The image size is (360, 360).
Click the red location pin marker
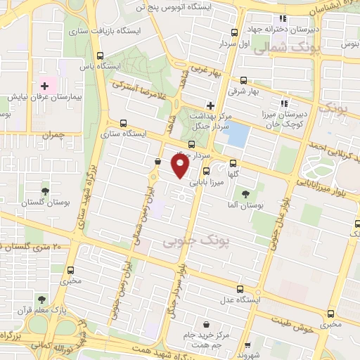[x=179, y=166]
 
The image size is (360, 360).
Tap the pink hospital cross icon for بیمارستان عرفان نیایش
[x=44, y=84]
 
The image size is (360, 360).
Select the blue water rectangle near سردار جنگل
[x=238, y=133]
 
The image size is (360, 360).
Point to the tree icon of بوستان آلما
[x=245, y=194]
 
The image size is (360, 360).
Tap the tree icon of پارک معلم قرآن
[x=41, y=299]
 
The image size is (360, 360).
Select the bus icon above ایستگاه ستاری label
[x=124, y=122]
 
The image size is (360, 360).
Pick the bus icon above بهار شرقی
[x=243, y=80]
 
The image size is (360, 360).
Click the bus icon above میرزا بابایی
[x=206, y=171]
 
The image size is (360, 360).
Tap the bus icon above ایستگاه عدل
[x=241, y=288]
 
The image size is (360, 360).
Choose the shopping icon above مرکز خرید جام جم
[x=207, y=325]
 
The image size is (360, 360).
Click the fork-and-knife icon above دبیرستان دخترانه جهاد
[x=283, y=19]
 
